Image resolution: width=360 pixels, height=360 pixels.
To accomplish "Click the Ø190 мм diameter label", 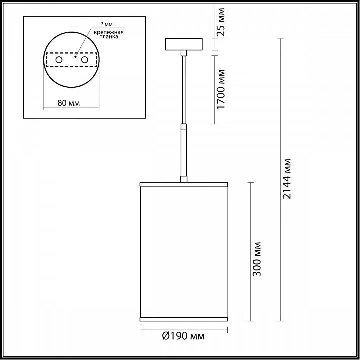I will (183, 337).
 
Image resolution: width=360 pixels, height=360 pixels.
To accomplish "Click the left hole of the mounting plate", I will (59, 60).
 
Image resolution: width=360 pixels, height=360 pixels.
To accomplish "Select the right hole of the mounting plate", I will (85, 60).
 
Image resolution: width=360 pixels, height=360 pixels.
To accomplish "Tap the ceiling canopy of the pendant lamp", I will (184, 44).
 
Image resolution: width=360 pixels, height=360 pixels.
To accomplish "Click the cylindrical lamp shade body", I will (184, 250).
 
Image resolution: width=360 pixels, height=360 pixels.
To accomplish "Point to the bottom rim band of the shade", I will (184, 318).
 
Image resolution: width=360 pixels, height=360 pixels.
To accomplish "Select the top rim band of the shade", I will (184, 185).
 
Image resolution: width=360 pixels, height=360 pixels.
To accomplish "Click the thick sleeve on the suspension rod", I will (184, 152).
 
